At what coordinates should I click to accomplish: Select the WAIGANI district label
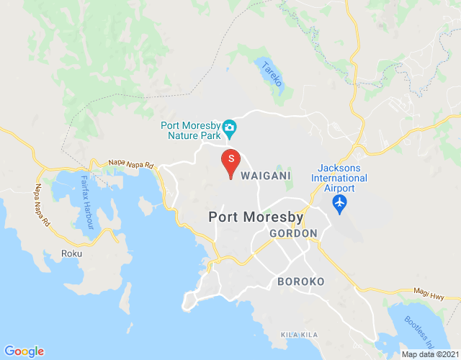266,176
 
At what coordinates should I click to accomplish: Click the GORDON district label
293,234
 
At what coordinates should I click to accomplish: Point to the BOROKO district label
301,281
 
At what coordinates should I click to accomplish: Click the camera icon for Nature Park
230,129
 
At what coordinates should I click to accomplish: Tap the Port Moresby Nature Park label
190,129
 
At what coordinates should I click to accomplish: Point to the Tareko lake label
272,74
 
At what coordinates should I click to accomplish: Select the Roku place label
72,253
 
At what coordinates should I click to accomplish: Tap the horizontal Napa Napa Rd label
131,165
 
